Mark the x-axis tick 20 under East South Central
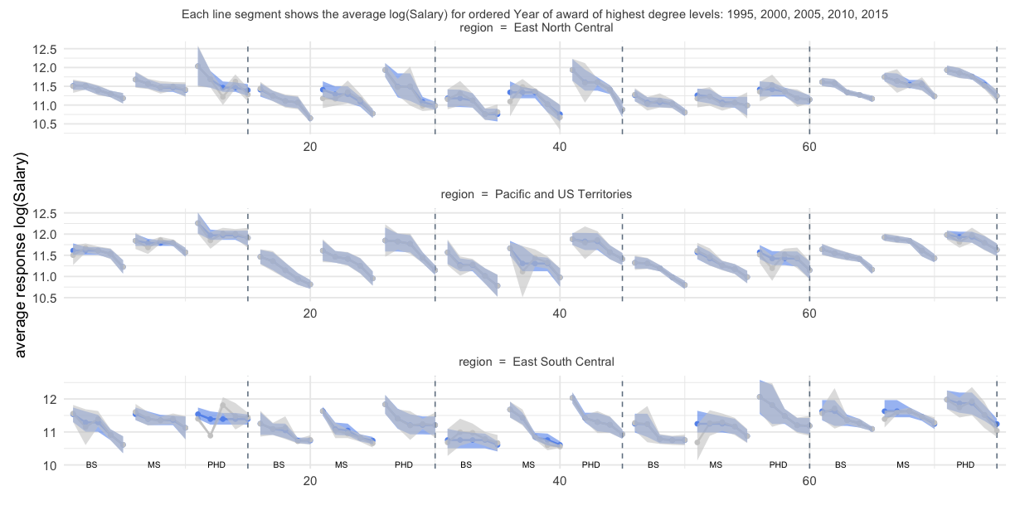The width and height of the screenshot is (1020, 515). tap(310, 481)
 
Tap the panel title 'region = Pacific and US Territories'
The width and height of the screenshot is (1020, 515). tap(537, 194)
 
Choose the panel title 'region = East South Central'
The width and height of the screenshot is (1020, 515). tap(538, 362)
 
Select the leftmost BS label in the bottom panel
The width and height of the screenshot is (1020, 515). tap(91, 465)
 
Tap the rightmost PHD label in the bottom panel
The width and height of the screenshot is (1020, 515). tap(965, 465)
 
